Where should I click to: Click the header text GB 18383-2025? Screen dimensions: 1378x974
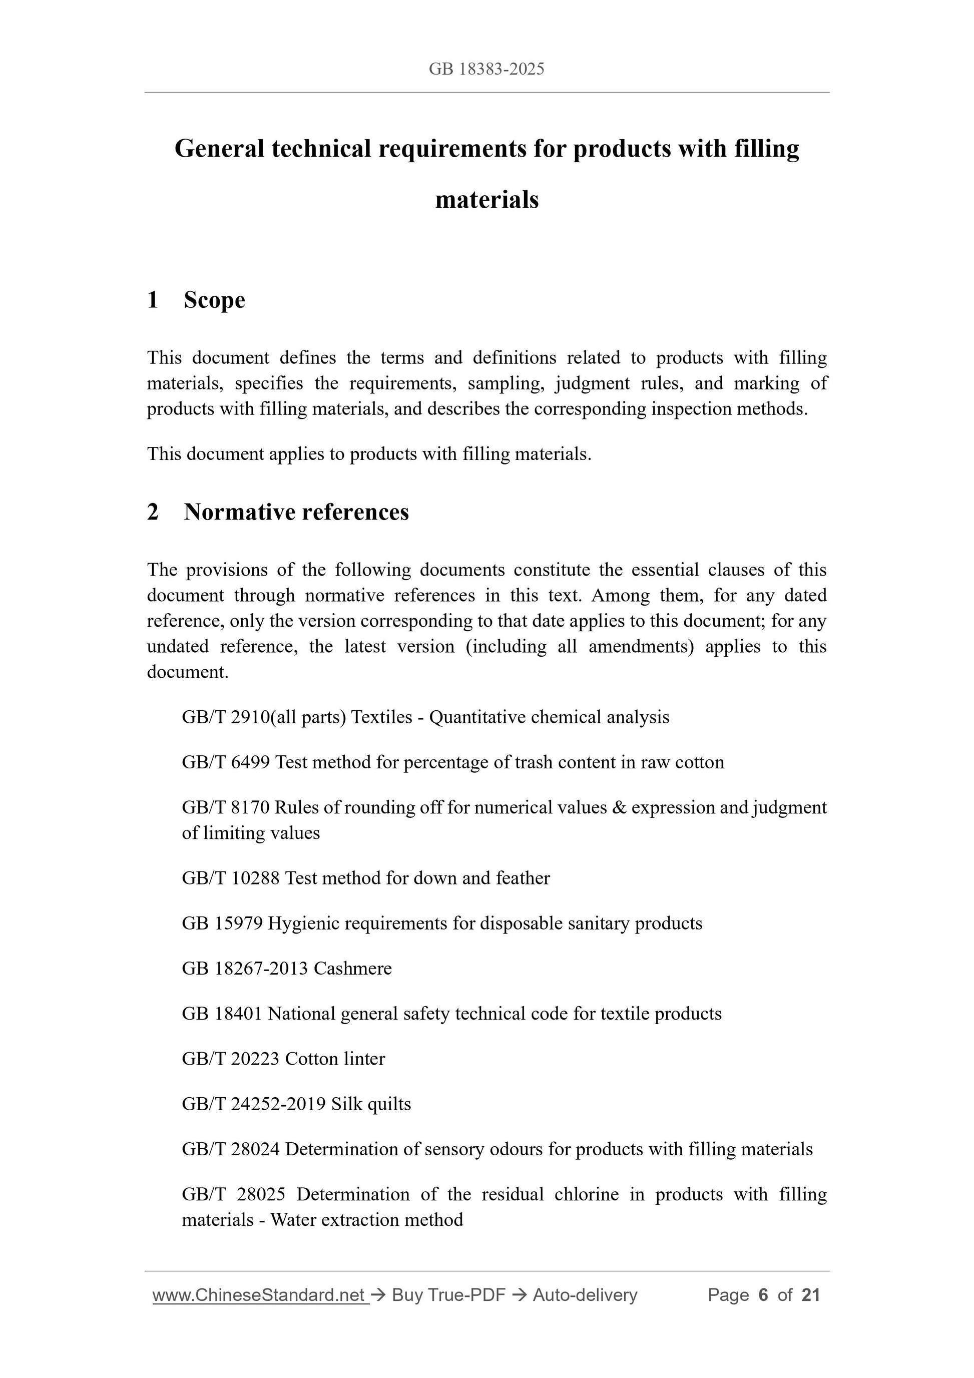coord(486,69)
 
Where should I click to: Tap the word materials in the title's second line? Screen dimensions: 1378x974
coord(486,200)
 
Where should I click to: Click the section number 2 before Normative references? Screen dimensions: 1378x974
coord(153,512)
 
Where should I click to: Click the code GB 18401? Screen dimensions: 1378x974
coord(222,1013)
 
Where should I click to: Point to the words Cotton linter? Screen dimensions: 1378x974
coord(334,1058)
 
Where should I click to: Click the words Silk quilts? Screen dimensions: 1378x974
coord(370,1104)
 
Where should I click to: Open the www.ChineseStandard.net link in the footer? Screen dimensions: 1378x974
coord(259,1295)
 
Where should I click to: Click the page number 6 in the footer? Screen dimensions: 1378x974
coord(763,1295)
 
